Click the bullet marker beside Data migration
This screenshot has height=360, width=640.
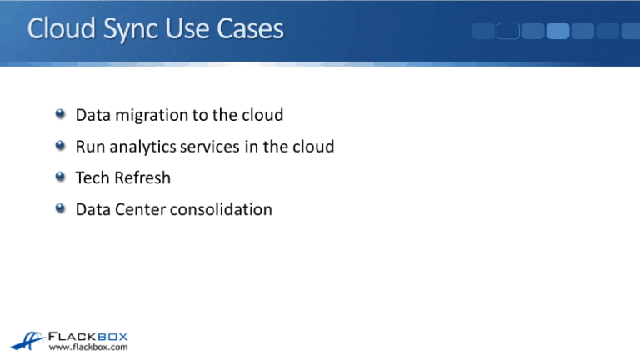tap(61, 115)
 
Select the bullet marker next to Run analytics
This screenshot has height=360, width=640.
tap(61, 147)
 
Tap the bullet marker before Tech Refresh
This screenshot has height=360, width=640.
tap(61, 177)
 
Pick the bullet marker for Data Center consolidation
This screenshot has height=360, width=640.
tap(61, 209)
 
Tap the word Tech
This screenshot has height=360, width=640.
tap(91, 177)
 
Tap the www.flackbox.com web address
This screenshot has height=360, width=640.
tap(88, 347)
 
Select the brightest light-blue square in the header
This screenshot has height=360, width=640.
tap(558, 32)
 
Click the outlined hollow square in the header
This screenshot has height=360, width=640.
tap(508, 32)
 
